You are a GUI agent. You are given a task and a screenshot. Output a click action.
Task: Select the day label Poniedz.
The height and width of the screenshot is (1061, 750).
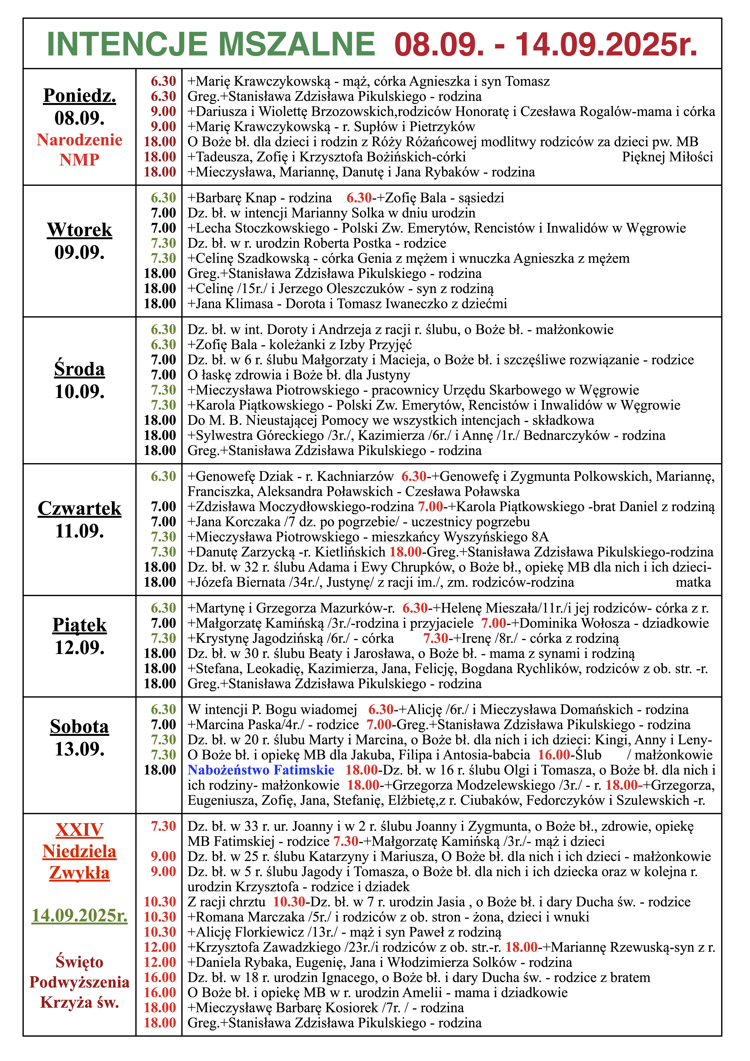pyautogui.click(x=80, y=96)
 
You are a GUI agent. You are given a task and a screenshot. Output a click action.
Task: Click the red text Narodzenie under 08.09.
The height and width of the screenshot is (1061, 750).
pyautogui.click(x=80, y=140)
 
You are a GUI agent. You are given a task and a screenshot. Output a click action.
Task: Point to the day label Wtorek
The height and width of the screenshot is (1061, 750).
pyautogui.click(x=80, y=230)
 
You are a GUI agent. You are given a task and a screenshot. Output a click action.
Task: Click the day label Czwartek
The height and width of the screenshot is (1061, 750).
pyautogui.click(x=80, y=508)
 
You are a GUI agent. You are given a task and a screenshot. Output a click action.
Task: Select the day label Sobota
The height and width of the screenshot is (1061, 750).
pyautogui.click(x=80, y=726)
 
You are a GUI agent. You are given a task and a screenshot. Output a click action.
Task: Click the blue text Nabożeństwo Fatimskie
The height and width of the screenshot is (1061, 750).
pyautogui.click(x=261, y=770)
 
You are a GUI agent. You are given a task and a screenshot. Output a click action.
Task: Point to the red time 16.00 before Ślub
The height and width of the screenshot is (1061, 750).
pyautogui.click(x=554, y=755)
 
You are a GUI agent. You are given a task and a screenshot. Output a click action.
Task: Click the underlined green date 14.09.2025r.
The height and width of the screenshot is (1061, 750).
pyautogui.click(x=80, y=915)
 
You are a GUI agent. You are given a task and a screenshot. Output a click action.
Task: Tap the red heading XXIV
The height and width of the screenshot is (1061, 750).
pyautogui.click(x=80, y=830)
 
